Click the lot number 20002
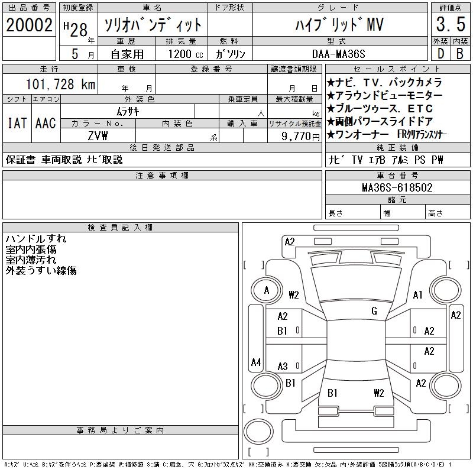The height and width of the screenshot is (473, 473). [29, 25]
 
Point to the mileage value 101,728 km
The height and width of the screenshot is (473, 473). [60, 85]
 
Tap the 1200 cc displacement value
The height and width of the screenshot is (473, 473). [180, 53]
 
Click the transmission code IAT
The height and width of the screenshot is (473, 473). [17, 123]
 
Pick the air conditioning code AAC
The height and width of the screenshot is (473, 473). [46, 123]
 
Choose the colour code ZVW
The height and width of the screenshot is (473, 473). [98, 136]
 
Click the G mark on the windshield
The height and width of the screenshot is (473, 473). [374, 311]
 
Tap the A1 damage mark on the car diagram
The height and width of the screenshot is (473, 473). [418, 295]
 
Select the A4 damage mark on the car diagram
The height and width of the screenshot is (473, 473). [256, 362]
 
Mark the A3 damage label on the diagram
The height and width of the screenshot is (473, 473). [283, 366]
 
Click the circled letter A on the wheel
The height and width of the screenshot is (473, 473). [267, 290]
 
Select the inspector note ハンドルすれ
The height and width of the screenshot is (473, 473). [36, 239]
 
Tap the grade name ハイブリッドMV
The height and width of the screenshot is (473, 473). [339, 25]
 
